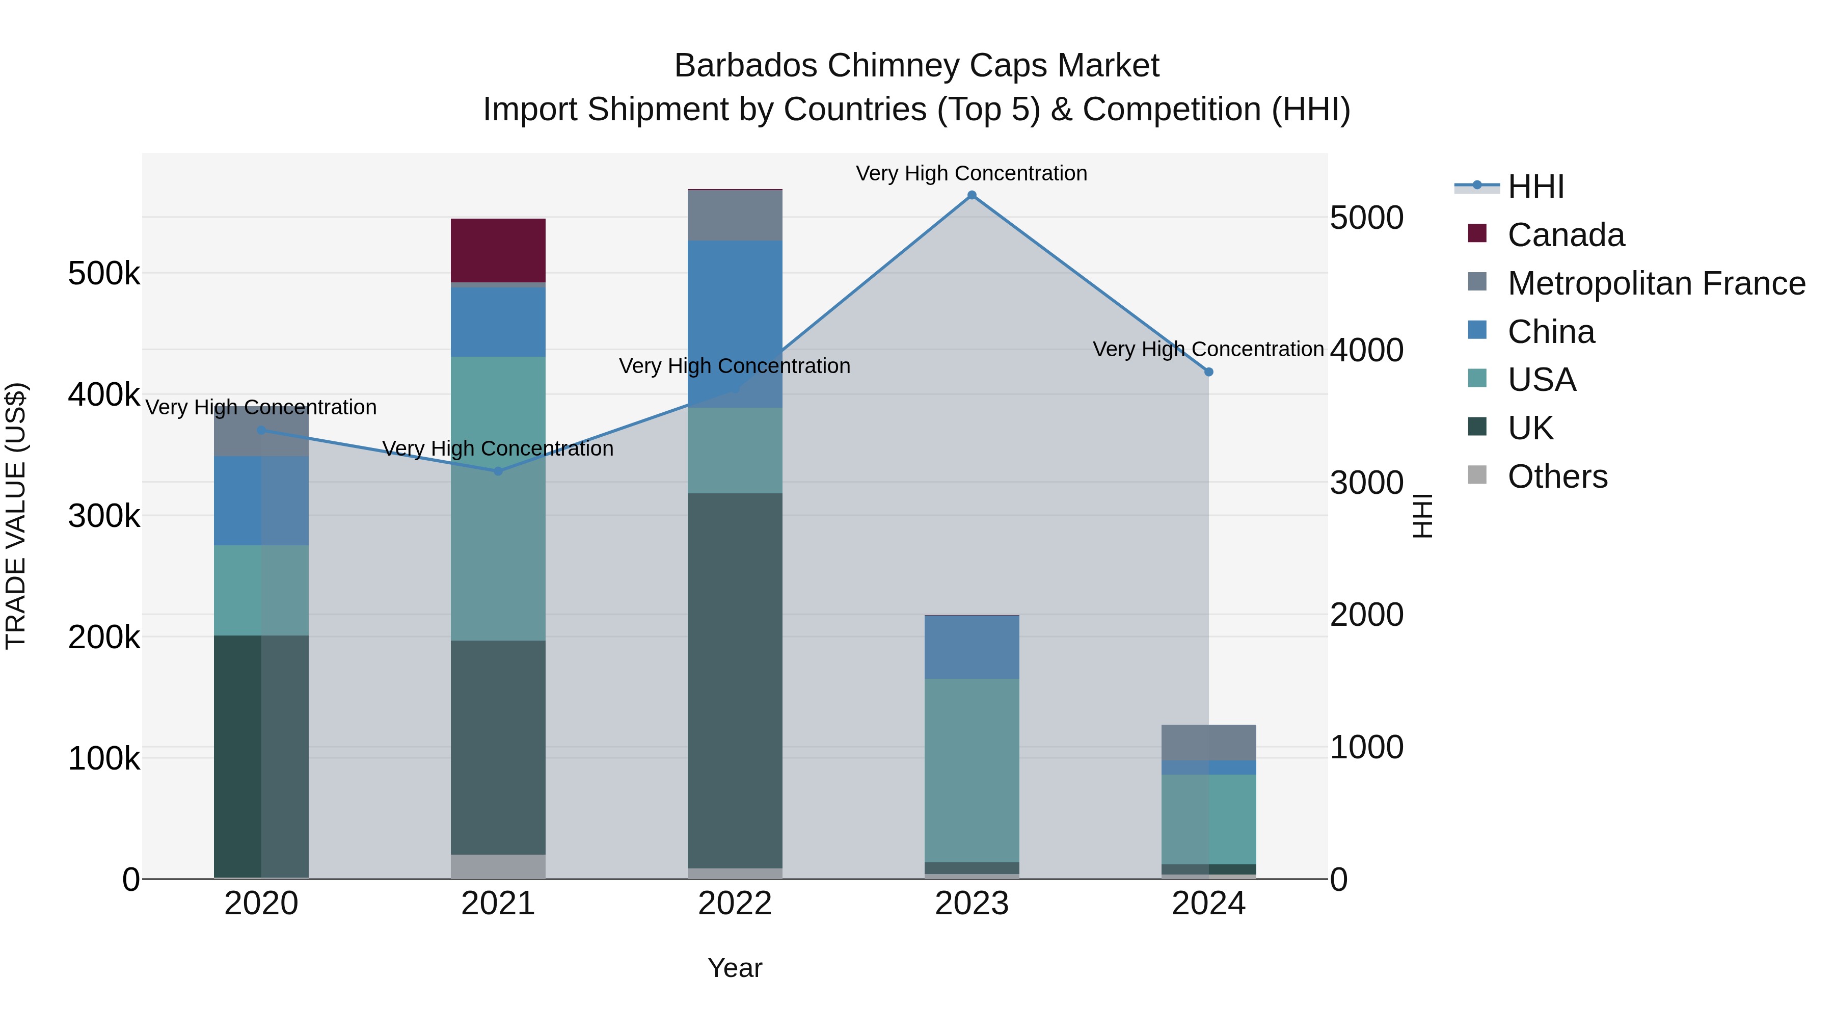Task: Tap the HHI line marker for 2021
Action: point(498,471)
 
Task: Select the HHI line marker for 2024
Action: point(1208,372)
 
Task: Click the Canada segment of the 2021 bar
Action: point(498,250)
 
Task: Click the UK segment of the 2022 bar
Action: point(735,680)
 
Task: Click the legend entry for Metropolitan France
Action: point(1656,283)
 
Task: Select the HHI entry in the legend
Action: point(1535,187)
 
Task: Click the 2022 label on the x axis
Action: point(735,904)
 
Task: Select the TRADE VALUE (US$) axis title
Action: point(16,516)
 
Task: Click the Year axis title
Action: point(735,968)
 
